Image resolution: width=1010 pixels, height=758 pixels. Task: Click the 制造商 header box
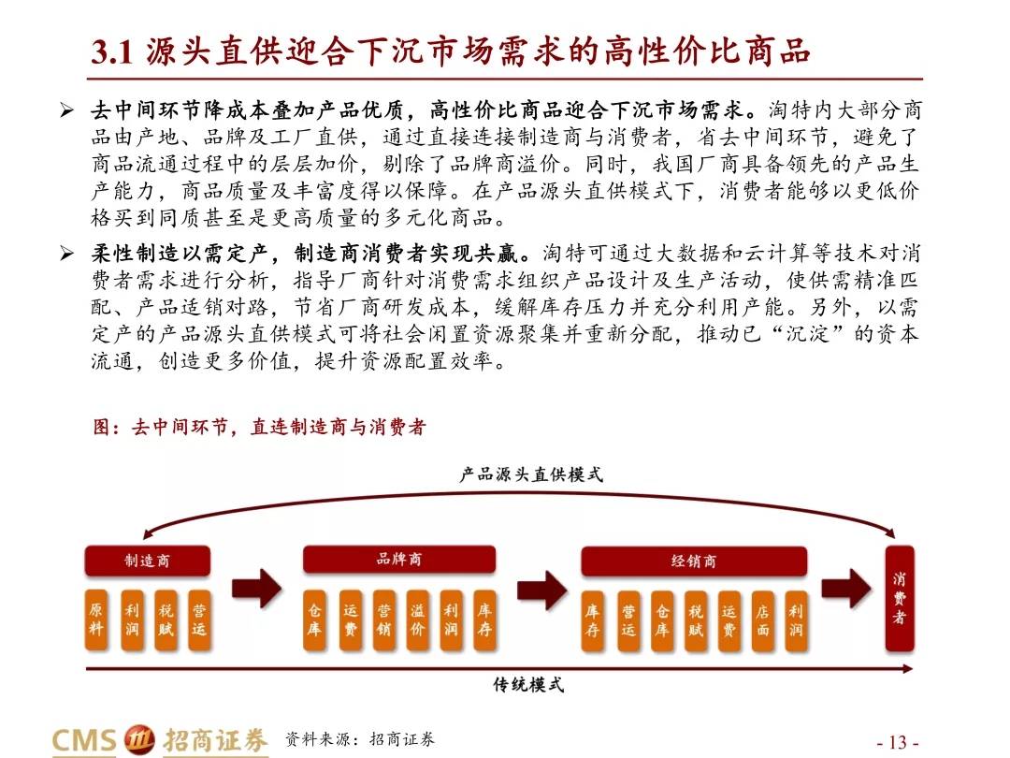tap(148, 561)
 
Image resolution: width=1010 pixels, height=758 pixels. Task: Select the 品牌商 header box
tap(399, 560)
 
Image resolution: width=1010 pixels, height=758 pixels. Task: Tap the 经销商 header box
tap(694, 561)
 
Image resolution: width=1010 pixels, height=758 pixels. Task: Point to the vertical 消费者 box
tap(900, 598)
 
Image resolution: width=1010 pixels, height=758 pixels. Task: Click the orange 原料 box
tap(96, 619)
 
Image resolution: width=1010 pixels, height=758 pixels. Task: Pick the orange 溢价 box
tap(417, 620)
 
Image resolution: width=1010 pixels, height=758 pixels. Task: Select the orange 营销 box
tap(384, 620)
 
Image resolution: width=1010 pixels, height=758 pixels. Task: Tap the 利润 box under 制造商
tap(132, 619)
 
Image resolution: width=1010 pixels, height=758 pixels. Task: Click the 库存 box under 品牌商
tap(484, 620)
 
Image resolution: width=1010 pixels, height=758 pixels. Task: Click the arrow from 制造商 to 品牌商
tap(257, 588)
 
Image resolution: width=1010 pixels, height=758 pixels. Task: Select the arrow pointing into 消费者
tap(846, 588)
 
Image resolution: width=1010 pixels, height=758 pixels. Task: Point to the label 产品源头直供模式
tap(531, 475)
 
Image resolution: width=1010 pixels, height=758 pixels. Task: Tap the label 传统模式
tap(528, 684)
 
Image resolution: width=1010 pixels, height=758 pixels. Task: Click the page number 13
tap(898, 742)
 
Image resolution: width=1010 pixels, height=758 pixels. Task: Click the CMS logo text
tap(84, 740)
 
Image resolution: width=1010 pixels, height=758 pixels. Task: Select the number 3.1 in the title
tap(112, 51)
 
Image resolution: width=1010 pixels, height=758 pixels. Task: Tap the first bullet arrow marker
tap(67, 110)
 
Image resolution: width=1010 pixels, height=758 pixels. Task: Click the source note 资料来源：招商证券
tap(360, 739)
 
